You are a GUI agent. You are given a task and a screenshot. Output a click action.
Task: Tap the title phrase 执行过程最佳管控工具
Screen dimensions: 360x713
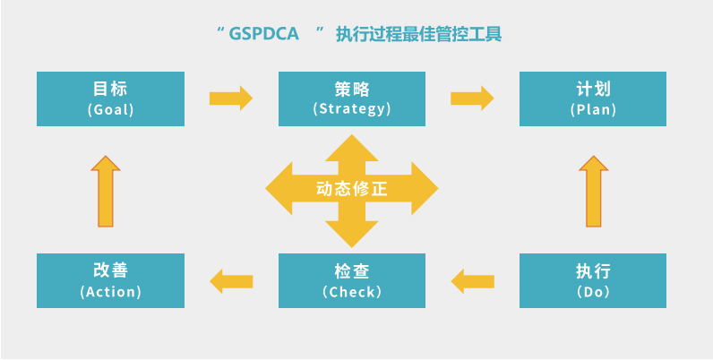(x=418, y=36)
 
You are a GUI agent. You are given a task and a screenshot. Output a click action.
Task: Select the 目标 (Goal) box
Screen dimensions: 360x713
(x=110, y=99)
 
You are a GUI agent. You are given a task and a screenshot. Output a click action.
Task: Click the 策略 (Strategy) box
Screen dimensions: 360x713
(x=352, y=99)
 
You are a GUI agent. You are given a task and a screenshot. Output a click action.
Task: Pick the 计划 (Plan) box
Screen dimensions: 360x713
(x=593, y=99)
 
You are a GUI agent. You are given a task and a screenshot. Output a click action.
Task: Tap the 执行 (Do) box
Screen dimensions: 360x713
(x=593, y=280)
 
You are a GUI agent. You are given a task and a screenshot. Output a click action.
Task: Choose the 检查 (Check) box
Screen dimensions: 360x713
(x=352, y=280)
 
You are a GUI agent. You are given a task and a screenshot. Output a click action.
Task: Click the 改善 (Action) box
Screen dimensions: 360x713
(x=110, y=280)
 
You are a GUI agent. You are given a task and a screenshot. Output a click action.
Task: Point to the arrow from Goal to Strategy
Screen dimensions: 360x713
(x=231, y=97)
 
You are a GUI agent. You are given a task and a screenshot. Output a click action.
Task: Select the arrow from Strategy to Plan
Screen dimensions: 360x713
(x=472, y=97)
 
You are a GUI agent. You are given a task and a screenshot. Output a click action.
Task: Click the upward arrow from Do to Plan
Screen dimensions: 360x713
(x=593, y=190)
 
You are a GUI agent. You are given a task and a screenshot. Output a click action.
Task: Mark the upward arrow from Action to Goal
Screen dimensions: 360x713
(x=106, y=190)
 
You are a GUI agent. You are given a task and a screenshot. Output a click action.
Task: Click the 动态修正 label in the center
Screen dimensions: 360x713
(x=352, y=190)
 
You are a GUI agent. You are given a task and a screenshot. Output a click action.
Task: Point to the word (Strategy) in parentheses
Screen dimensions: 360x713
(x=352, y=109)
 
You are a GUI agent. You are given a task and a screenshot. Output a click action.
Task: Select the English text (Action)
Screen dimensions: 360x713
(x=110, y=292)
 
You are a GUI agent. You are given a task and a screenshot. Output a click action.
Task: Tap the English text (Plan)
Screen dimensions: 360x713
(x=593, y=109)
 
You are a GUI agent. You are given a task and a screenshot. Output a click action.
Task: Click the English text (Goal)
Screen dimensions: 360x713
(x=110, y=109)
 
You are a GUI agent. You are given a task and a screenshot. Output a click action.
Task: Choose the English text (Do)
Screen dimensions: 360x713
(x=593, y=292)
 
